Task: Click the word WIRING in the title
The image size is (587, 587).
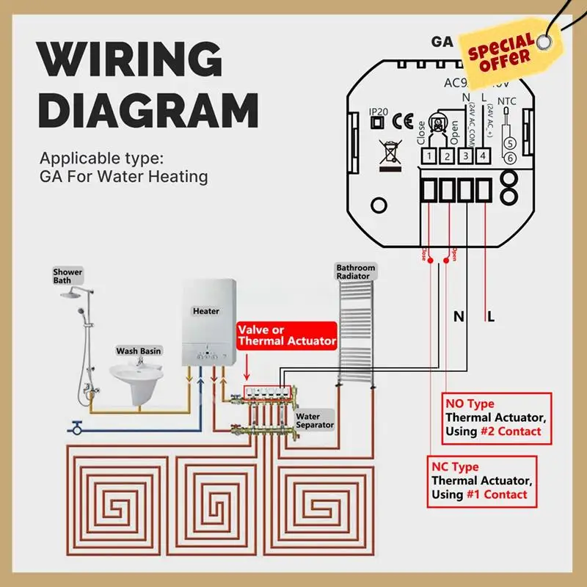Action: coord(128,56)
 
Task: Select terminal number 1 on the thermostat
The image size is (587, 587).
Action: coord(429,156)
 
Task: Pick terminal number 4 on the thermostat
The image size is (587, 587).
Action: coord(482,156)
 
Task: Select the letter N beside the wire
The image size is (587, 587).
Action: coord(459,317)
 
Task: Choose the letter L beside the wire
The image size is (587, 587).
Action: coord(491,317)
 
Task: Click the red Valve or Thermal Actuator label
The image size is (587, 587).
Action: coord(286,336)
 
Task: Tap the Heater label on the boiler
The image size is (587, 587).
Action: coord(206,311)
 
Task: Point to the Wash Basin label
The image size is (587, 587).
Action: coord(139,351)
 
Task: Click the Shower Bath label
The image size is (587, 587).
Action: coord(68,277)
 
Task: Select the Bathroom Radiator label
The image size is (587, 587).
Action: coord(355,272)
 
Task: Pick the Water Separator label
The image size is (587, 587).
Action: coord(315,420)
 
